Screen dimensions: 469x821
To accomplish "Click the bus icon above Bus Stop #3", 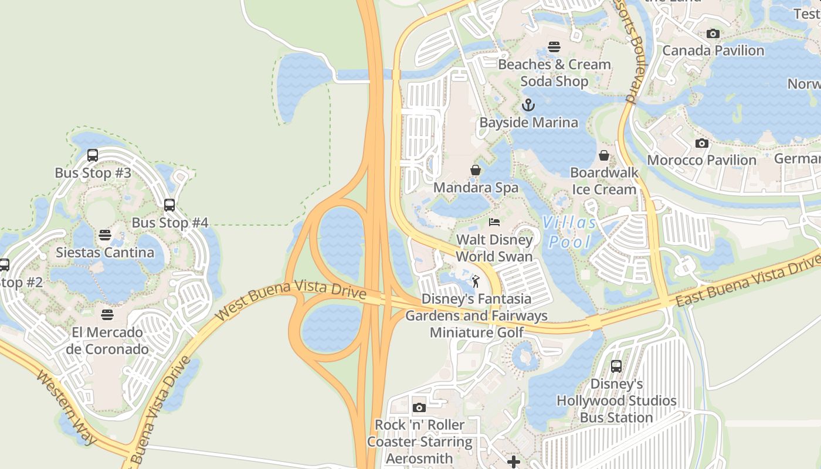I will pos(93,155).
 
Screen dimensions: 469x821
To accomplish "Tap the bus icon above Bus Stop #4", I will pos(169,205).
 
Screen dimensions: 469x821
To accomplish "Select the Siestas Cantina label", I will pos(105,253).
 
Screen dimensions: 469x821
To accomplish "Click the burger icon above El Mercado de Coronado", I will pos(107,315).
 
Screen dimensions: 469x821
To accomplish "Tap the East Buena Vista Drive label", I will pos(748,284).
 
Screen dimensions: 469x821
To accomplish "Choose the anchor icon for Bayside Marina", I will pos(528,106).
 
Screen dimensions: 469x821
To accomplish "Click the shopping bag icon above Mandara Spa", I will pos(476,170).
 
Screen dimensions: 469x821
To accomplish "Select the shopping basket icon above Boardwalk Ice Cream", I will pos(604,155).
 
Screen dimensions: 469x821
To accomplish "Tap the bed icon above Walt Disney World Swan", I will pos(494,222).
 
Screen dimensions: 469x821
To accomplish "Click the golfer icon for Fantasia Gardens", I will pos(476,281).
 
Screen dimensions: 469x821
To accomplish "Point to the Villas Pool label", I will pos(569,232).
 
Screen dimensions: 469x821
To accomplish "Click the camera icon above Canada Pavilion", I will pos(713,33).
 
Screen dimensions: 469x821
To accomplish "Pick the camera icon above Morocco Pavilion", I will pos(701,143).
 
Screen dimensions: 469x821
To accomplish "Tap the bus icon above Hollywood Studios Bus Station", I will pos(616,366).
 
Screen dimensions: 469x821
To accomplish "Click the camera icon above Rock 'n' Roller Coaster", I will pos(419,407).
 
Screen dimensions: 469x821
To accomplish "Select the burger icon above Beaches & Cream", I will pos(554,47).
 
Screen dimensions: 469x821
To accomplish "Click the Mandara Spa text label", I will pos(476,188).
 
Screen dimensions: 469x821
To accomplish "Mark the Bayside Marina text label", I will pos(528,123).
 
